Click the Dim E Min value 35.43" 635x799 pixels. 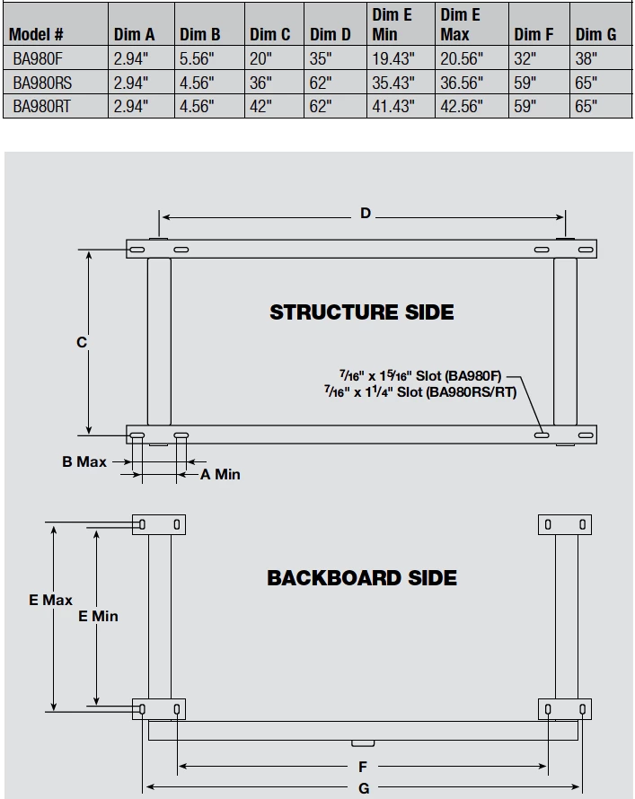coord(392,82)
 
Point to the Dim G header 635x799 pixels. coord(595,35)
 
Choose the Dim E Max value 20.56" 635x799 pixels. coord(462,58)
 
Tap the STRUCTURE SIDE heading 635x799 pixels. coord(362,312)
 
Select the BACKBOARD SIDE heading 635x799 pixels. coord(362,578)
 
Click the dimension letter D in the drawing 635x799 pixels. coord(366,214)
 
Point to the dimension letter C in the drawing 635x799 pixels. coord(82,342)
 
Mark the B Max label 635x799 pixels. coord(84,461)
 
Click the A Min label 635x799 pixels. coord(220,474)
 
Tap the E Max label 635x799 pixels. coord(50,600)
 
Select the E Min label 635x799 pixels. coord(98,616)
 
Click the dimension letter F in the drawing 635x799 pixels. coord(363,768)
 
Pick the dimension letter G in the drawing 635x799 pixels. coord(363,788)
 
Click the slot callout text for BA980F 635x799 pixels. coord(420,375)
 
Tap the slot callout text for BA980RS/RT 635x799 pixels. coord(420,392)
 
